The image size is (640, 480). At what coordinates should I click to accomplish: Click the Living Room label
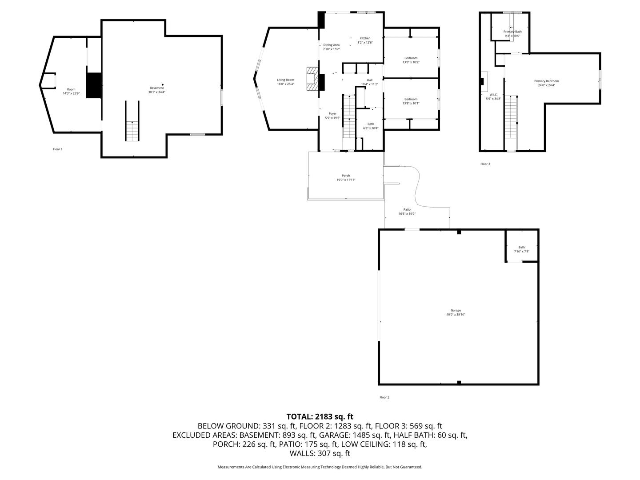click(x=285, y=80)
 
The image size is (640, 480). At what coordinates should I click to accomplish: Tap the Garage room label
click(x=456, y=310)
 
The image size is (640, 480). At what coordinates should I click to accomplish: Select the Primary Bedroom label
click(x=546, y=81)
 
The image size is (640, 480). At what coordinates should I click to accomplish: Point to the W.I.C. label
click(x=493, y=94)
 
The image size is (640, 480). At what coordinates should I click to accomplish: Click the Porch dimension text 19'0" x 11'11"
click(x=346, y=180)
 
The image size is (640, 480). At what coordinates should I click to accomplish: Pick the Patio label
click(x=407, y=209)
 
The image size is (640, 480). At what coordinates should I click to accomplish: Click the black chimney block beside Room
click(x=94, y=85)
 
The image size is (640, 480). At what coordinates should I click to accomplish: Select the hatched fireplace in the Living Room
click(x=312, y=79)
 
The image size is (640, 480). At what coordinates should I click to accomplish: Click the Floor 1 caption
click(x=58, y=149)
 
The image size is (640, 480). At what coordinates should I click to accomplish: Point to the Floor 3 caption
click(x=485, y=164)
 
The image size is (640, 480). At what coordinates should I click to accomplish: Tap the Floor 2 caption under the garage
click(x=384, y=397)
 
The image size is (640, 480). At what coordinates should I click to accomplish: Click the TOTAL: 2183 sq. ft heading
click(x=320, y=416)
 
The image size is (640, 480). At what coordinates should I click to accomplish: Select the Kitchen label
click(x=365, y=38)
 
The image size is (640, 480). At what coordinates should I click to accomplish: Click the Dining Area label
click(x=331, y=45)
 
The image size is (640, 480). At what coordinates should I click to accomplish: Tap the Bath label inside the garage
click(x=521, y=247)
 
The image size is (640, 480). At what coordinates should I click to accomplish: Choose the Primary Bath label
click(x=512, y=32)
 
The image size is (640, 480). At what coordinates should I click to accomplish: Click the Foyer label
click(x=332, y=114)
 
